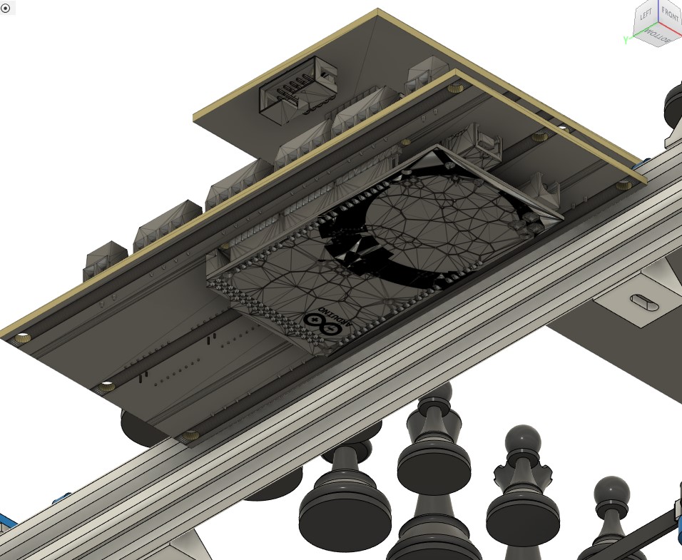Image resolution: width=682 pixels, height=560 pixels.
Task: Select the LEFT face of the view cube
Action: point(646,14)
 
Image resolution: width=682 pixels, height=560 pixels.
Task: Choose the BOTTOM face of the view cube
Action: point(658,34)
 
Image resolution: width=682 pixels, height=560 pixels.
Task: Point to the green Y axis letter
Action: point(625,41)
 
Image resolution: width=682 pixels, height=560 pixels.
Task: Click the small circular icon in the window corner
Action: point(6,8)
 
